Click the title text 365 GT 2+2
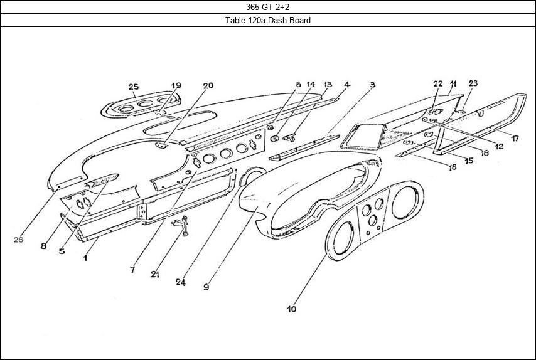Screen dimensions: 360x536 [268, 7]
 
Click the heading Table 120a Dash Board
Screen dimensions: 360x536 [268, 20]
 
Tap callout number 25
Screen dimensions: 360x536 [133, 86]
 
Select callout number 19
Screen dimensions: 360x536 [176, 85]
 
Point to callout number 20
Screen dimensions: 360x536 [208, 85]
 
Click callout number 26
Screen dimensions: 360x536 [18, 240]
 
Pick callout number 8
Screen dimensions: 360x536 [43, 246]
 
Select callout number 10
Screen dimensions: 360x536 [291, 309]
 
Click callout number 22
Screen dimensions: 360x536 [437, 83]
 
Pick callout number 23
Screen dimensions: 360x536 [473, 83]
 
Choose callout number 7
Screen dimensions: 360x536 [132, 270]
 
